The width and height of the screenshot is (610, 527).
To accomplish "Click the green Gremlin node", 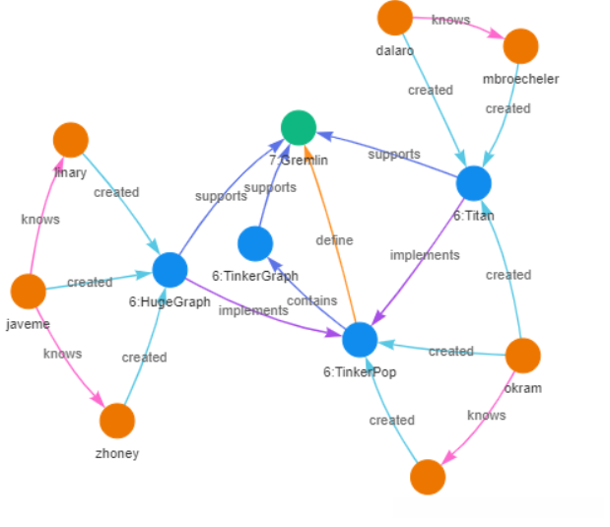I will point(298,127).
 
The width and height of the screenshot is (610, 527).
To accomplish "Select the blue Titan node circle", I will point(474,183).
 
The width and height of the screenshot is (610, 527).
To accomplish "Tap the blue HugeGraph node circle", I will point(169,270).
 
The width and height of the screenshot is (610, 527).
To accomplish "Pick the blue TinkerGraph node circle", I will point(255,243).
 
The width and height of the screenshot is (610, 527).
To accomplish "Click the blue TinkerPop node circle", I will point(360,340).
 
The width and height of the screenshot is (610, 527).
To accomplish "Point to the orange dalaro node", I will point(394,18).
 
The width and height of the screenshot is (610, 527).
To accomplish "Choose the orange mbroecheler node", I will point(520,46).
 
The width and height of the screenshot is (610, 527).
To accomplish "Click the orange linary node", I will point(71,140).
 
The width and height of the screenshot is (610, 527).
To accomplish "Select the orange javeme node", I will point(28,292).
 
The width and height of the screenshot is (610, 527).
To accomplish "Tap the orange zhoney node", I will point(117,421).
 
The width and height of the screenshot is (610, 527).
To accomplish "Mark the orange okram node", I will point(522,356).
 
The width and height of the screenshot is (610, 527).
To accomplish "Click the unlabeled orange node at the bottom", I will point(428,477).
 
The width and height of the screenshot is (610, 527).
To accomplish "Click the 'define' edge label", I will point(334,239).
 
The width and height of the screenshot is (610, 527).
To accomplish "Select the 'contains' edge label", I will point(311,300).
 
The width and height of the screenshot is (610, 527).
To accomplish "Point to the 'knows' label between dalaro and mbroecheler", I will point(450,20).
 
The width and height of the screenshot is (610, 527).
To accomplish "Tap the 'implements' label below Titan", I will point(425,255).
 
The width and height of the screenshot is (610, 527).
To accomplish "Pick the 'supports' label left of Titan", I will point(394,154).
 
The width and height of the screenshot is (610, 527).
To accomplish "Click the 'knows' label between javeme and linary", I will point(39,219).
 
